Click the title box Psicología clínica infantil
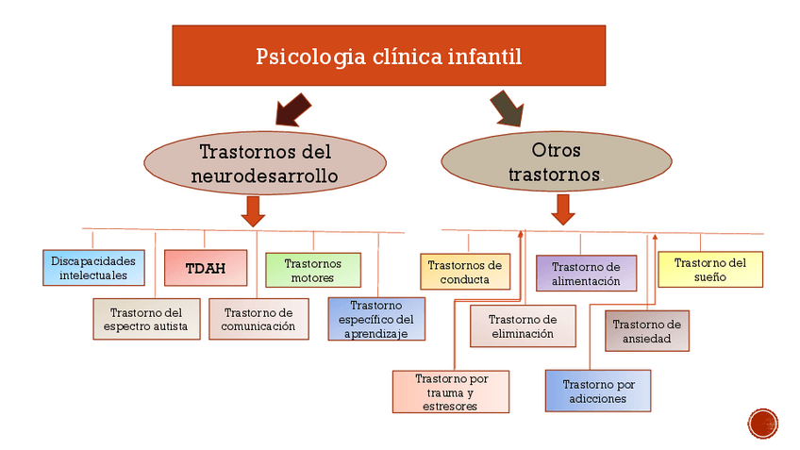389,56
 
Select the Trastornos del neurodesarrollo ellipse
265,163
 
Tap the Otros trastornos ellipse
557,161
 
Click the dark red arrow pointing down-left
292,109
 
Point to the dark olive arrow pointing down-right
508,108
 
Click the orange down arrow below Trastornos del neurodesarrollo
253,211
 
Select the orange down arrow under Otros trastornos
563,209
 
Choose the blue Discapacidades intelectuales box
94,268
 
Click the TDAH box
206,268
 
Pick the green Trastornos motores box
313,271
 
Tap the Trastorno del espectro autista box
146,320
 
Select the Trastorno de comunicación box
258,320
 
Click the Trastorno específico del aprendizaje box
376,320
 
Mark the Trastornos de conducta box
465,272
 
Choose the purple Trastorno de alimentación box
586,274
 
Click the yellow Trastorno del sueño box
710,270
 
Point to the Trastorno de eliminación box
523,326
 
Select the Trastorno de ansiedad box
647,331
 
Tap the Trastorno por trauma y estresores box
451,392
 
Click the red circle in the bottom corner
763,424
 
